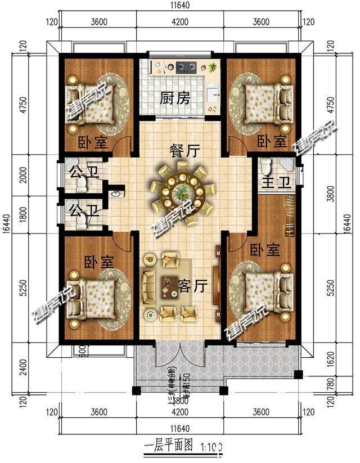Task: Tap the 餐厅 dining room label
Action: (x=185, y=150)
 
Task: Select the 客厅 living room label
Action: (x=193, y=286)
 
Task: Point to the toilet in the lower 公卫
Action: (x=82, y=223)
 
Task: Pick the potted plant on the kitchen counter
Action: (x=213, y=68)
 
